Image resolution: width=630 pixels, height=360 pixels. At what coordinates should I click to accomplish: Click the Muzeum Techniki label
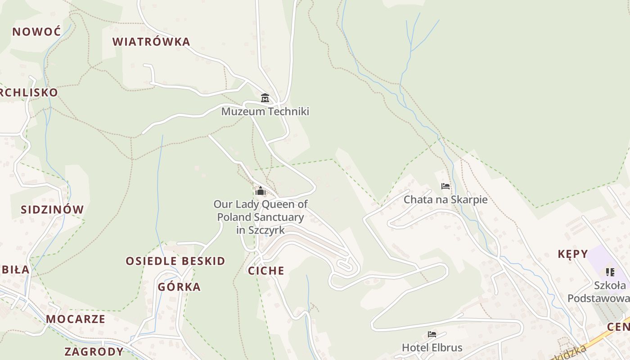[x=265, y=111]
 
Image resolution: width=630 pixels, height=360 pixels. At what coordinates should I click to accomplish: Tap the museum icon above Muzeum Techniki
[x=265, y=98]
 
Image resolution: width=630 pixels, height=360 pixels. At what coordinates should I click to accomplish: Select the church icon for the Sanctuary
[x=261, y=191]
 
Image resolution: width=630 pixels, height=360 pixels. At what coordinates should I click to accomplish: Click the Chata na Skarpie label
[x=445, y=199]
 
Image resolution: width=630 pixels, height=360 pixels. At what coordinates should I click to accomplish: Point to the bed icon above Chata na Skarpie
[x=445, y=186]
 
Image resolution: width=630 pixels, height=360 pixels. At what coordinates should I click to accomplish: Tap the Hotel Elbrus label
[x=432, y=347]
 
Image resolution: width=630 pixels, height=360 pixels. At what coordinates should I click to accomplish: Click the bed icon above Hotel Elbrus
[x=432, y=334]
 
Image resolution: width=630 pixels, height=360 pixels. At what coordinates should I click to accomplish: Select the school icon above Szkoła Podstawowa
[x=610, y=272]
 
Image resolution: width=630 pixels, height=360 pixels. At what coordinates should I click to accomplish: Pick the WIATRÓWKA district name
[x=151, y=42]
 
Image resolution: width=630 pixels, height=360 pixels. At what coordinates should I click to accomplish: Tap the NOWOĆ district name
[x=36, y=32]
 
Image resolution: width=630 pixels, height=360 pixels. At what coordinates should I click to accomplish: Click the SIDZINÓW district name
[x=52, y=209]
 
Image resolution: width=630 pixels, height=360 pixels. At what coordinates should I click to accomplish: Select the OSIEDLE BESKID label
[x=175, y=261]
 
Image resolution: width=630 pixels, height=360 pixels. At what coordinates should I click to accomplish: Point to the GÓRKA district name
[x=179, y=287]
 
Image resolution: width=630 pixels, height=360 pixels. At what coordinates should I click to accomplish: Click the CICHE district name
[x=266, y=270]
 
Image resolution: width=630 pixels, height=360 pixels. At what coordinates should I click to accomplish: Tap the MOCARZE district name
[x=76, y=319]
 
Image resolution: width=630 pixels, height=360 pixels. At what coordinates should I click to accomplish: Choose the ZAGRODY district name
[x=94, y=351]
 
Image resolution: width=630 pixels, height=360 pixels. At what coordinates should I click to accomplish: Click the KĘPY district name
[x=573, y=254]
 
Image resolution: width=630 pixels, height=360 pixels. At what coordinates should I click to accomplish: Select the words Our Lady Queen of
[x=261, y=204]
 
